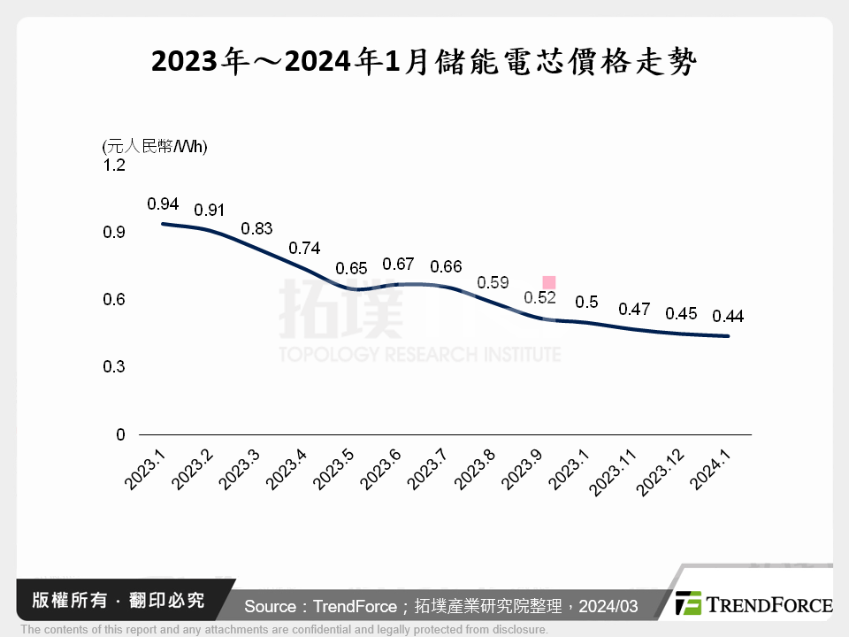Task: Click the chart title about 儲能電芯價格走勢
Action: click(424, 63)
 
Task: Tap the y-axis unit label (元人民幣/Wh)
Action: click(155, 146)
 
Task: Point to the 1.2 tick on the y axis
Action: click(115, 165)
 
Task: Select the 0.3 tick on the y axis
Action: click(115, 367)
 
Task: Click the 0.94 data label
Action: click(163, 204)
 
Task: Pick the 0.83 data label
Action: click(256, 228)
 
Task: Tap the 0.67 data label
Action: click(398, 265)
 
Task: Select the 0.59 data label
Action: click(493, 283)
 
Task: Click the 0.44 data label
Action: click(727, 316)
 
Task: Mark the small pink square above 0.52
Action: click(548, 282)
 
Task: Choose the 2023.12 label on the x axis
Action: click(669, 470)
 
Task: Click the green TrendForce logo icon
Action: click(689, 603)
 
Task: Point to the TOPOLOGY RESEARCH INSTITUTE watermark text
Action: click(420, 355)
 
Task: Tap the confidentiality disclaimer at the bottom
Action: click(284, 630)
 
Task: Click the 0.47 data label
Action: click(634, 310)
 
